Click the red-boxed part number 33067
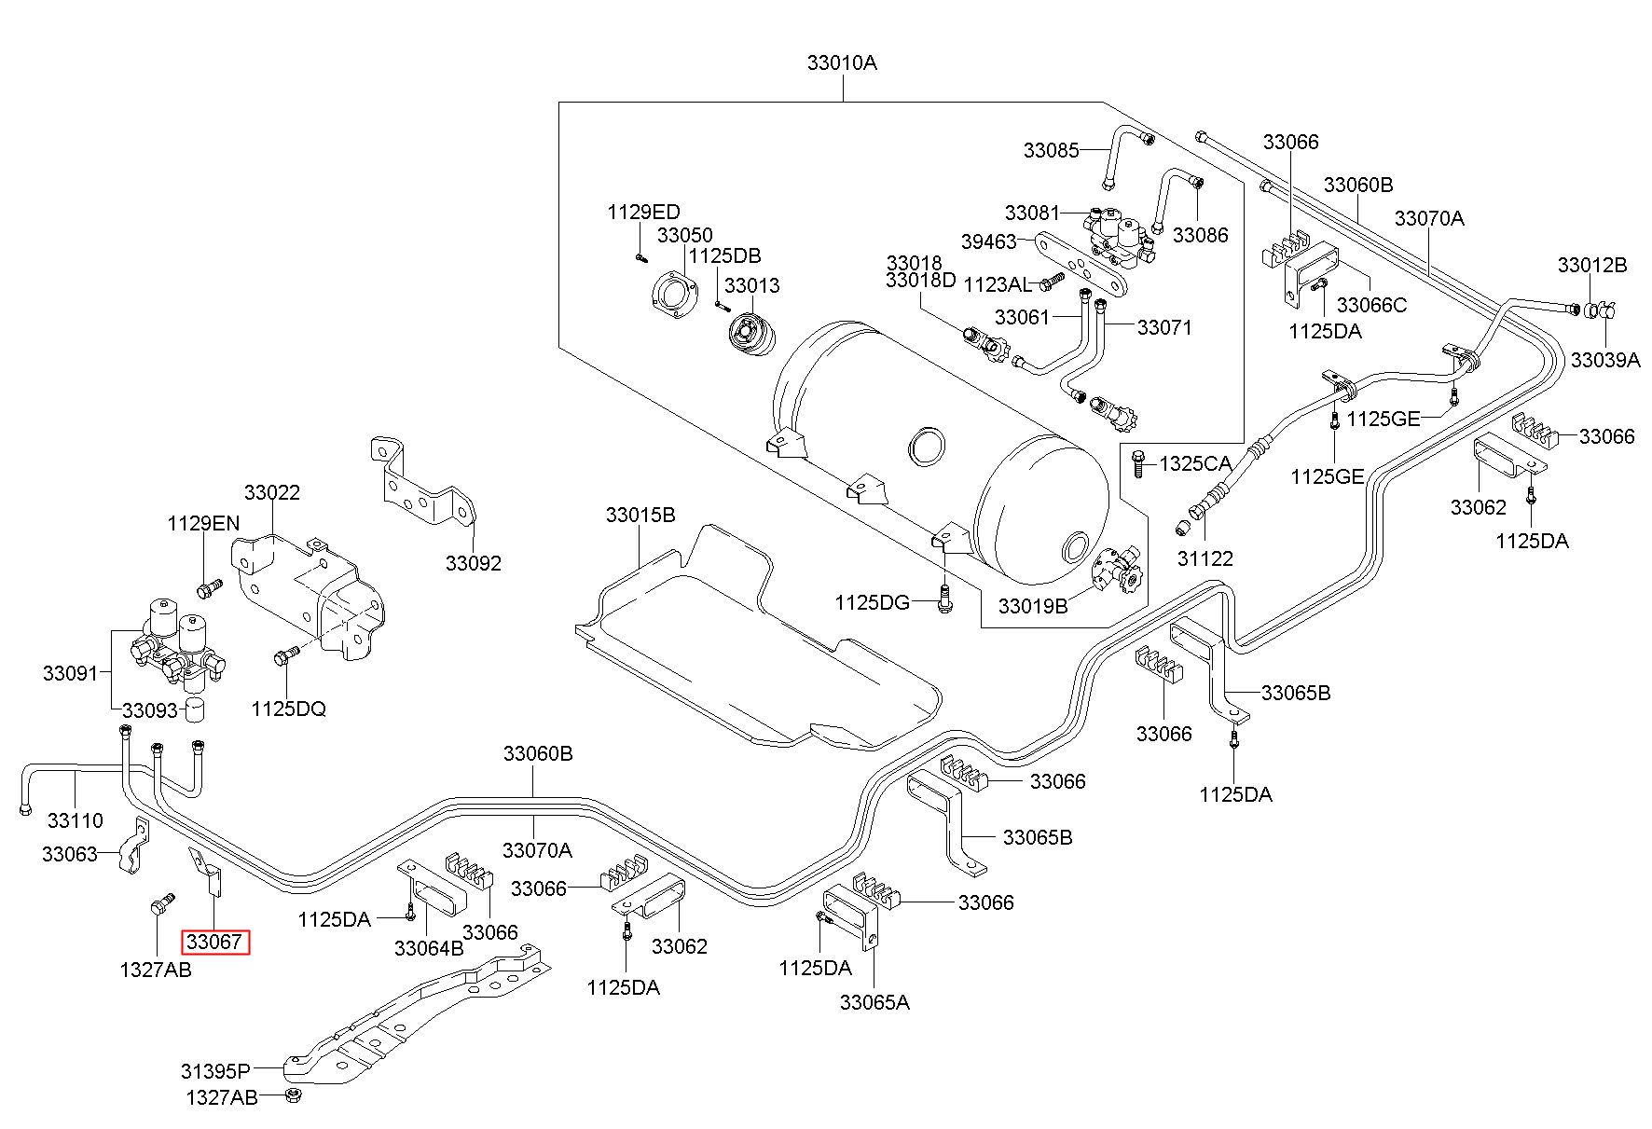point(215,942)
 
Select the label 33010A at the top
point(842,63)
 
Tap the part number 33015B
point(640,515)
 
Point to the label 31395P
point(216,1070)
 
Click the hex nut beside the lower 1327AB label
point(292,1095)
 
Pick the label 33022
point(272,492)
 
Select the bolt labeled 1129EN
point(210,588)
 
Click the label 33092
point(473,563)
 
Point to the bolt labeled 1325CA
point(1137,463)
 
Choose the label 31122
point(1205,558)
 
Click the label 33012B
point(1592,265)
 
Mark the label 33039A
point(1605,360)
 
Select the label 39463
point(988,241)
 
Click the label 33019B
point(1033,606)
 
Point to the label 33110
point(76,820)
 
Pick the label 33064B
point(429,948)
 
